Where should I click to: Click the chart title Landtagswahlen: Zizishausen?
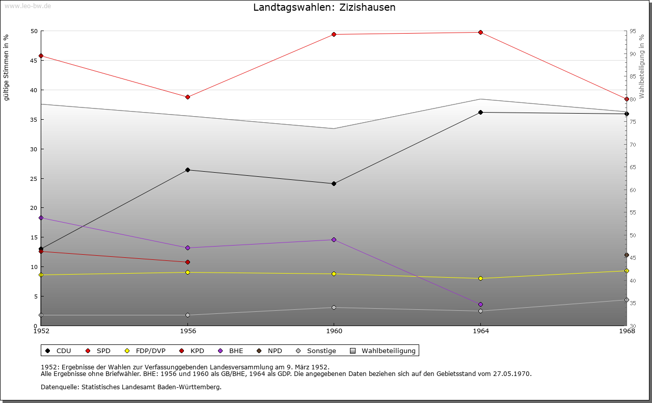[x=324, y=8]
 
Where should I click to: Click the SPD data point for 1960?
[x=334, y=35]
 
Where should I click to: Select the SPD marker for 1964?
[x=480, y=33]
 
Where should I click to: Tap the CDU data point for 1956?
[x=188, y=170]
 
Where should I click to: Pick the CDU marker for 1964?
[x=480, y=113]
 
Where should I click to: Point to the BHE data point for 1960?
[x=334, y=240]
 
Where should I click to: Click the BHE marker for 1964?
[x=480, y=305]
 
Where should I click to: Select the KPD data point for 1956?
[x=188, y=262]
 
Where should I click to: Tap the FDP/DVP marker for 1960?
[x=334, y=274]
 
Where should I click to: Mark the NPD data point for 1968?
[x=627, y=255]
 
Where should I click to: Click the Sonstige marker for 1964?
[x=480, y=311]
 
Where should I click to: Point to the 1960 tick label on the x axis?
[x=334, y=331]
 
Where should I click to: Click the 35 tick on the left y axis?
[x=34, y=120]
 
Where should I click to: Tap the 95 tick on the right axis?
[x=633, y=31]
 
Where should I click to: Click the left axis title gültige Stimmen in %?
[x=7, y=67]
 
